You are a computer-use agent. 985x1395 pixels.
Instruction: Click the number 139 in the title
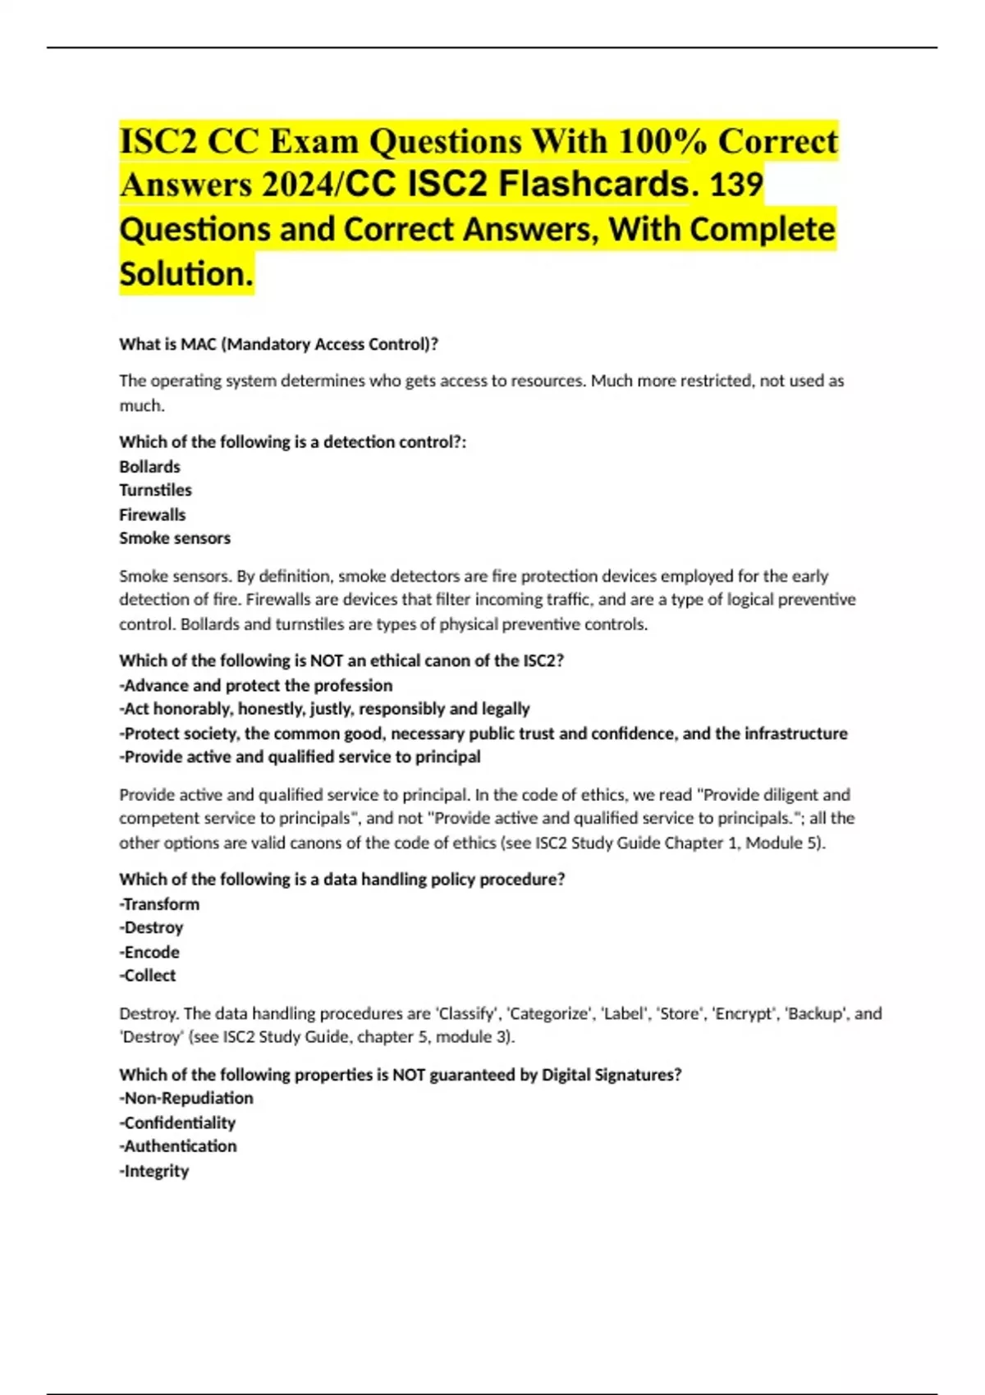pyautogui.click(x=736, y=184)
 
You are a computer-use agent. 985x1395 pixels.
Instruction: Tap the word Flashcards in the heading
pyautogui.click(x=593, y=184)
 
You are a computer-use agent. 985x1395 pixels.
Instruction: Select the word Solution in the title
pyautogui.click(x=186, y=273)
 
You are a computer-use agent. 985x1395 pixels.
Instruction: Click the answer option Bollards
pyautogui.click(x=149, y=466)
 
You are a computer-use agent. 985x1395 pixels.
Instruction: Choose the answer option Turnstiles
pyautogui.click(x=155, y=490)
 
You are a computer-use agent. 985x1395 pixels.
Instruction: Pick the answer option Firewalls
pyautogui.click(x=153, y=515)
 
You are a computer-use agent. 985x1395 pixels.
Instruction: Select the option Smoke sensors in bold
pyautogui.click(x=175, y=538)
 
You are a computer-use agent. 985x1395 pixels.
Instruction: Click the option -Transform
pyautogui.click(x=159, y=903)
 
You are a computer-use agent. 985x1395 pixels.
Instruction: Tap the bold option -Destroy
pyautogui.click(x=151, y=927)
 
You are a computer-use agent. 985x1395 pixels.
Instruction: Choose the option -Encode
pyautogui.click(x=149, y=952)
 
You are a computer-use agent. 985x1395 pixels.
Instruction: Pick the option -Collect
pyautogui.click(x=148, y=976)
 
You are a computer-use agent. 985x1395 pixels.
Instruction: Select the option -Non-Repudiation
pyautogui.click(x=186, y=1098)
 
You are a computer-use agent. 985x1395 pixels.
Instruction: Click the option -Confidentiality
pyautogui.click(x=177, y=1122)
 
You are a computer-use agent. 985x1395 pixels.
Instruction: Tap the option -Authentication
pyautogui.click(x=178, y=1146)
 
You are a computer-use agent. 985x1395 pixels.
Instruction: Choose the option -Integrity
pyautogui.click(x=154, y=1171)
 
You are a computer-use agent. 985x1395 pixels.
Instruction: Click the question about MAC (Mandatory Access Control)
pyautogui.click(x=279, y=344)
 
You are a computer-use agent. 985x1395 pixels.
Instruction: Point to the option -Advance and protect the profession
pyautogui.click(x=256, y=685)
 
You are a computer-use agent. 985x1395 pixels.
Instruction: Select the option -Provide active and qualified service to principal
pyautogui.click(x=300, y=757)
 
